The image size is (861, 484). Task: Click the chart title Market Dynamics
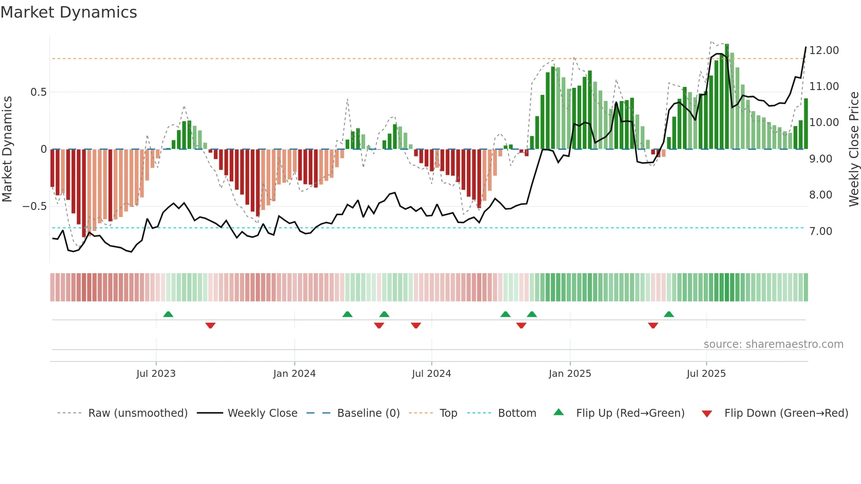69,12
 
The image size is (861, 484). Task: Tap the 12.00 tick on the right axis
824,51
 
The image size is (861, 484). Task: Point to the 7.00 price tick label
820,231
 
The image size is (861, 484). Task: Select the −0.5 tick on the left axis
35,206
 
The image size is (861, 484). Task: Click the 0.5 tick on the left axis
38,92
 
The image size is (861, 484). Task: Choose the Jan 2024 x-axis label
294,374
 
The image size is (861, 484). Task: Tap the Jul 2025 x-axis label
706,374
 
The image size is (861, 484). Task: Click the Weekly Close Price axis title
854,149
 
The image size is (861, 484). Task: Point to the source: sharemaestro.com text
773,344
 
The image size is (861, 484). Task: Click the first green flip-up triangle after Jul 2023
168,314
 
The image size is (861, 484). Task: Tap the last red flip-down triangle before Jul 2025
653,325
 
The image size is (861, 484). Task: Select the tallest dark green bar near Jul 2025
727,97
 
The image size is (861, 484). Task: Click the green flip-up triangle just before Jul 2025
669,314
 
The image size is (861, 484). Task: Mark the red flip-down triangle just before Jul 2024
416,325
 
